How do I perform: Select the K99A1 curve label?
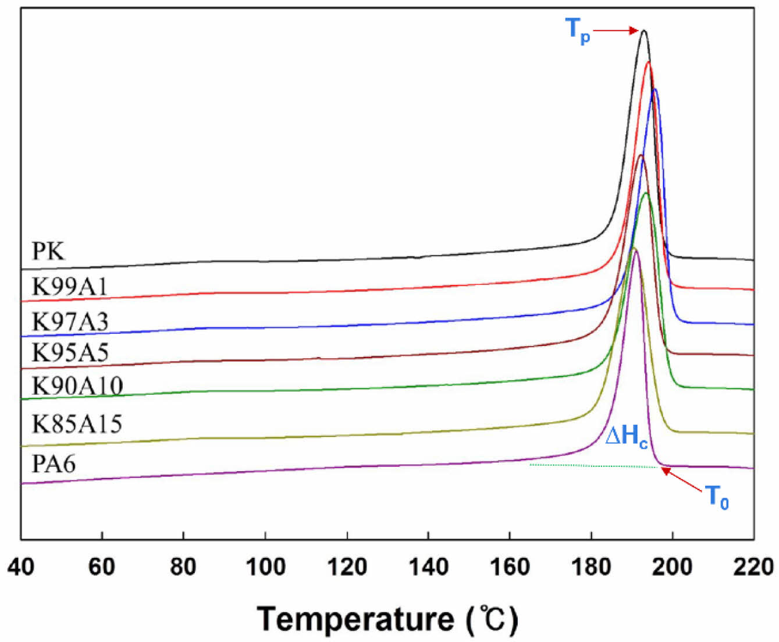point(70,287)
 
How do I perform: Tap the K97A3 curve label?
point(70,322)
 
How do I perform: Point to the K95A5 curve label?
point(70,352)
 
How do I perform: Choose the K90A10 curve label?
point(77,386)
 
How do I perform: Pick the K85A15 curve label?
point(77,424)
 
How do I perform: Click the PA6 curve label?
point(54,464)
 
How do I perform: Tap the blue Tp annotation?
point(578,29)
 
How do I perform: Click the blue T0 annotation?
point(717,497)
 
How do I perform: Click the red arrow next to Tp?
point(616,30)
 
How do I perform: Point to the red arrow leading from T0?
point(682,480)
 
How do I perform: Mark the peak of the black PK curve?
point(643,31)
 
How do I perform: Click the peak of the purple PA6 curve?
point(635,249)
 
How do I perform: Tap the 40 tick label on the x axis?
point(21,566)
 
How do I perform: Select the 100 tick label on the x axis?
point(265,566)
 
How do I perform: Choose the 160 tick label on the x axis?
point(510,566)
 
